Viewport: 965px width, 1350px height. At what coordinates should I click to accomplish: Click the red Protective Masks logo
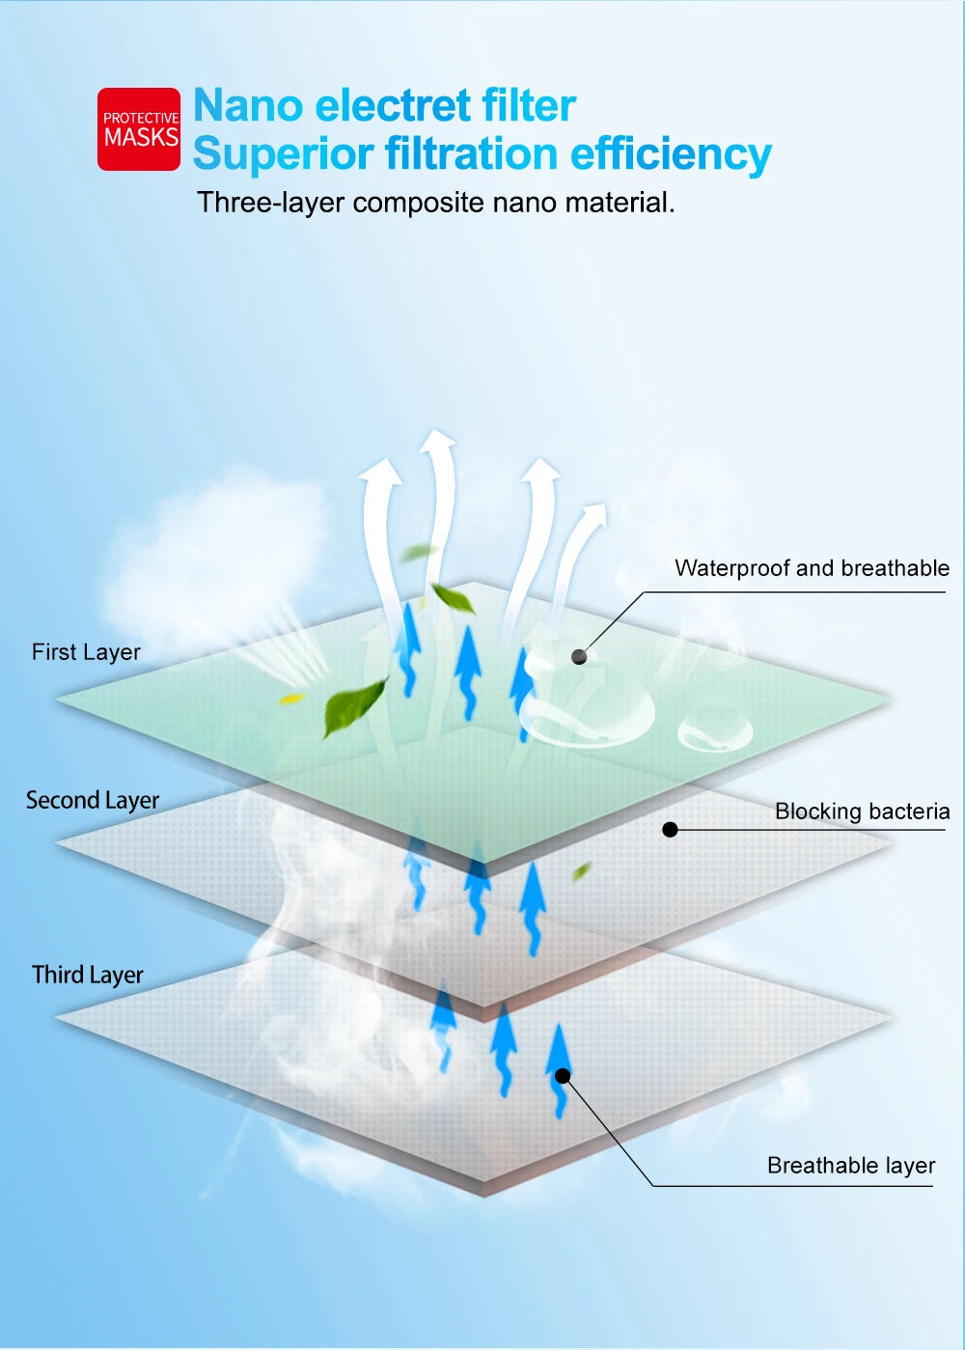(139, 129)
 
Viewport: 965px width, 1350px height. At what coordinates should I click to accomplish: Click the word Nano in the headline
(249, 105)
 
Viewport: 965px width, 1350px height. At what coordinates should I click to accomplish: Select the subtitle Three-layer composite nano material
(435, 203)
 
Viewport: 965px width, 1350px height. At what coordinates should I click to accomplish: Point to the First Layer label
(86, 652)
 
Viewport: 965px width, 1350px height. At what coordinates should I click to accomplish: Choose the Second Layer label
(93, 801)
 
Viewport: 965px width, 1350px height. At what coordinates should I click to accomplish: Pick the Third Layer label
(87, 976)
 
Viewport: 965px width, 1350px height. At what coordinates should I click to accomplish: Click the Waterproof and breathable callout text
(812, 568)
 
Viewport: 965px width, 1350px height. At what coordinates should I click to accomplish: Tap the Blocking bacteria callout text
(862, 812)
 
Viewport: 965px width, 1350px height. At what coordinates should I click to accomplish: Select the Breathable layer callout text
(851, 1166)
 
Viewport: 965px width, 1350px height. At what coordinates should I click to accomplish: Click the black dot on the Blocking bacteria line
(671, 829)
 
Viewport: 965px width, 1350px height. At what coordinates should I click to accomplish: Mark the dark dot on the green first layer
(579, 657)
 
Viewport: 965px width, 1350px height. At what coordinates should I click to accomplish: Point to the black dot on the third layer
(563, 1076)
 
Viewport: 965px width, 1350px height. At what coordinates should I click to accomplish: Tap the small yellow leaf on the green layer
(290, 698)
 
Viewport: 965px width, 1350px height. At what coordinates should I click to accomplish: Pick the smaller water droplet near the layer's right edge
(715, 730)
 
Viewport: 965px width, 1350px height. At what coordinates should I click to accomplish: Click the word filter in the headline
(529, 105)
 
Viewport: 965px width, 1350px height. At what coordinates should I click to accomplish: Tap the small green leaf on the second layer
(581, 872)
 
